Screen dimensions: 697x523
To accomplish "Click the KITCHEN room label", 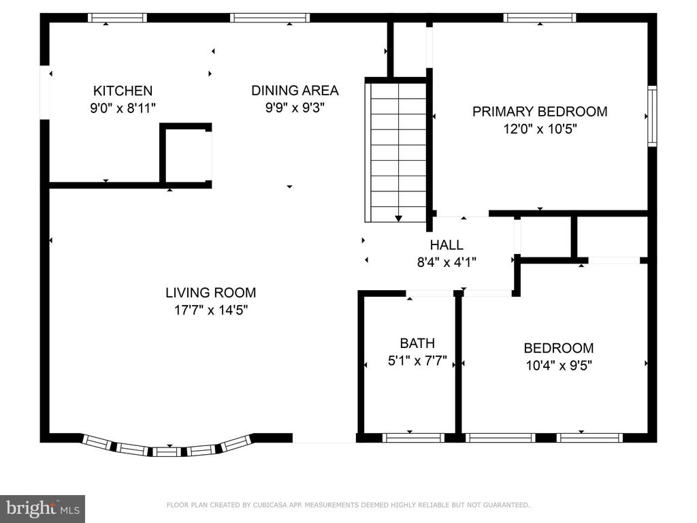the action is click(123, 91).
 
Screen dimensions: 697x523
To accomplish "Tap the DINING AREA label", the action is click(295, 91).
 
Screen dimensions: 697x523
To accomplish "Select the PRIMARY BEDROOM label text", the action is click(540, 111).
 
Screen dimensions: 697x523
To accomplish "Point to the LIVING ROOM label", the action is click(211, 293).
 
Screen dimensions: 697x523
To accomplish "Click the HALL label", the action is click(447, 244).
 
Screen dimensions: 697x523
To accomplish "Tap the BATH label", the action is click(417, 343).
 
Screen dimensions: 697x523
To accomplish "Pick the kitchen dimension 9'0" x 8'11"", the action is click(123, 108).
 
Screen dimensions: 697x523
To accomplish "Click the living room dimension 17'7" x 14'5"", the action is click(211, 310).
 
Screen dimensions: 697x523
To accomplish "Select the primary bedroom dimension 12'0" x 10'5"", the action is click(540, 129).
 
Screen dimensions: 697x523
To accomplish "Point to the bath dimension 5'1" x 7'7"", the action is click(417, 361).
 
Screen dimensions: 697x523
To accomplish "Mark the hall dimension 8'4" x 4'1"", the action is click(447, 262).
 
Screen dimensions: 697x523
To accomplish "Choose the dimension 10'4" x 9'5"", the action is click(559, 366).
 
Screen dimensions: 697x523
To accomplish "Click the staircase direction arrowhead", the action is click(398, 219).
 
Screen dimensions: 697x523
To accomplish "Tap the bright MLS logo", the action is click(42, 509).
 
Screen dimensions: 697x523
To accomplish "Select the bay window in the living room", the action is click(167, 446).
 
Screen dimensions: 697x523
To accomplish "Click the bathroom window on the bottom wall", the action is click(413, 438).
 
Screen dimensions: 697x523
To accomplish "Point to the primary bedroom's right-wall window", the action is click(651, 116).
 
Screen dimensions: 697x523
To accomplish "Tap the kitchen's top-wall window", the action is click(117, 18).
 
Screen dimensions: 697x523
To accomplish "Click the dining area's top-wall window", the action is click(270, 18).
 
